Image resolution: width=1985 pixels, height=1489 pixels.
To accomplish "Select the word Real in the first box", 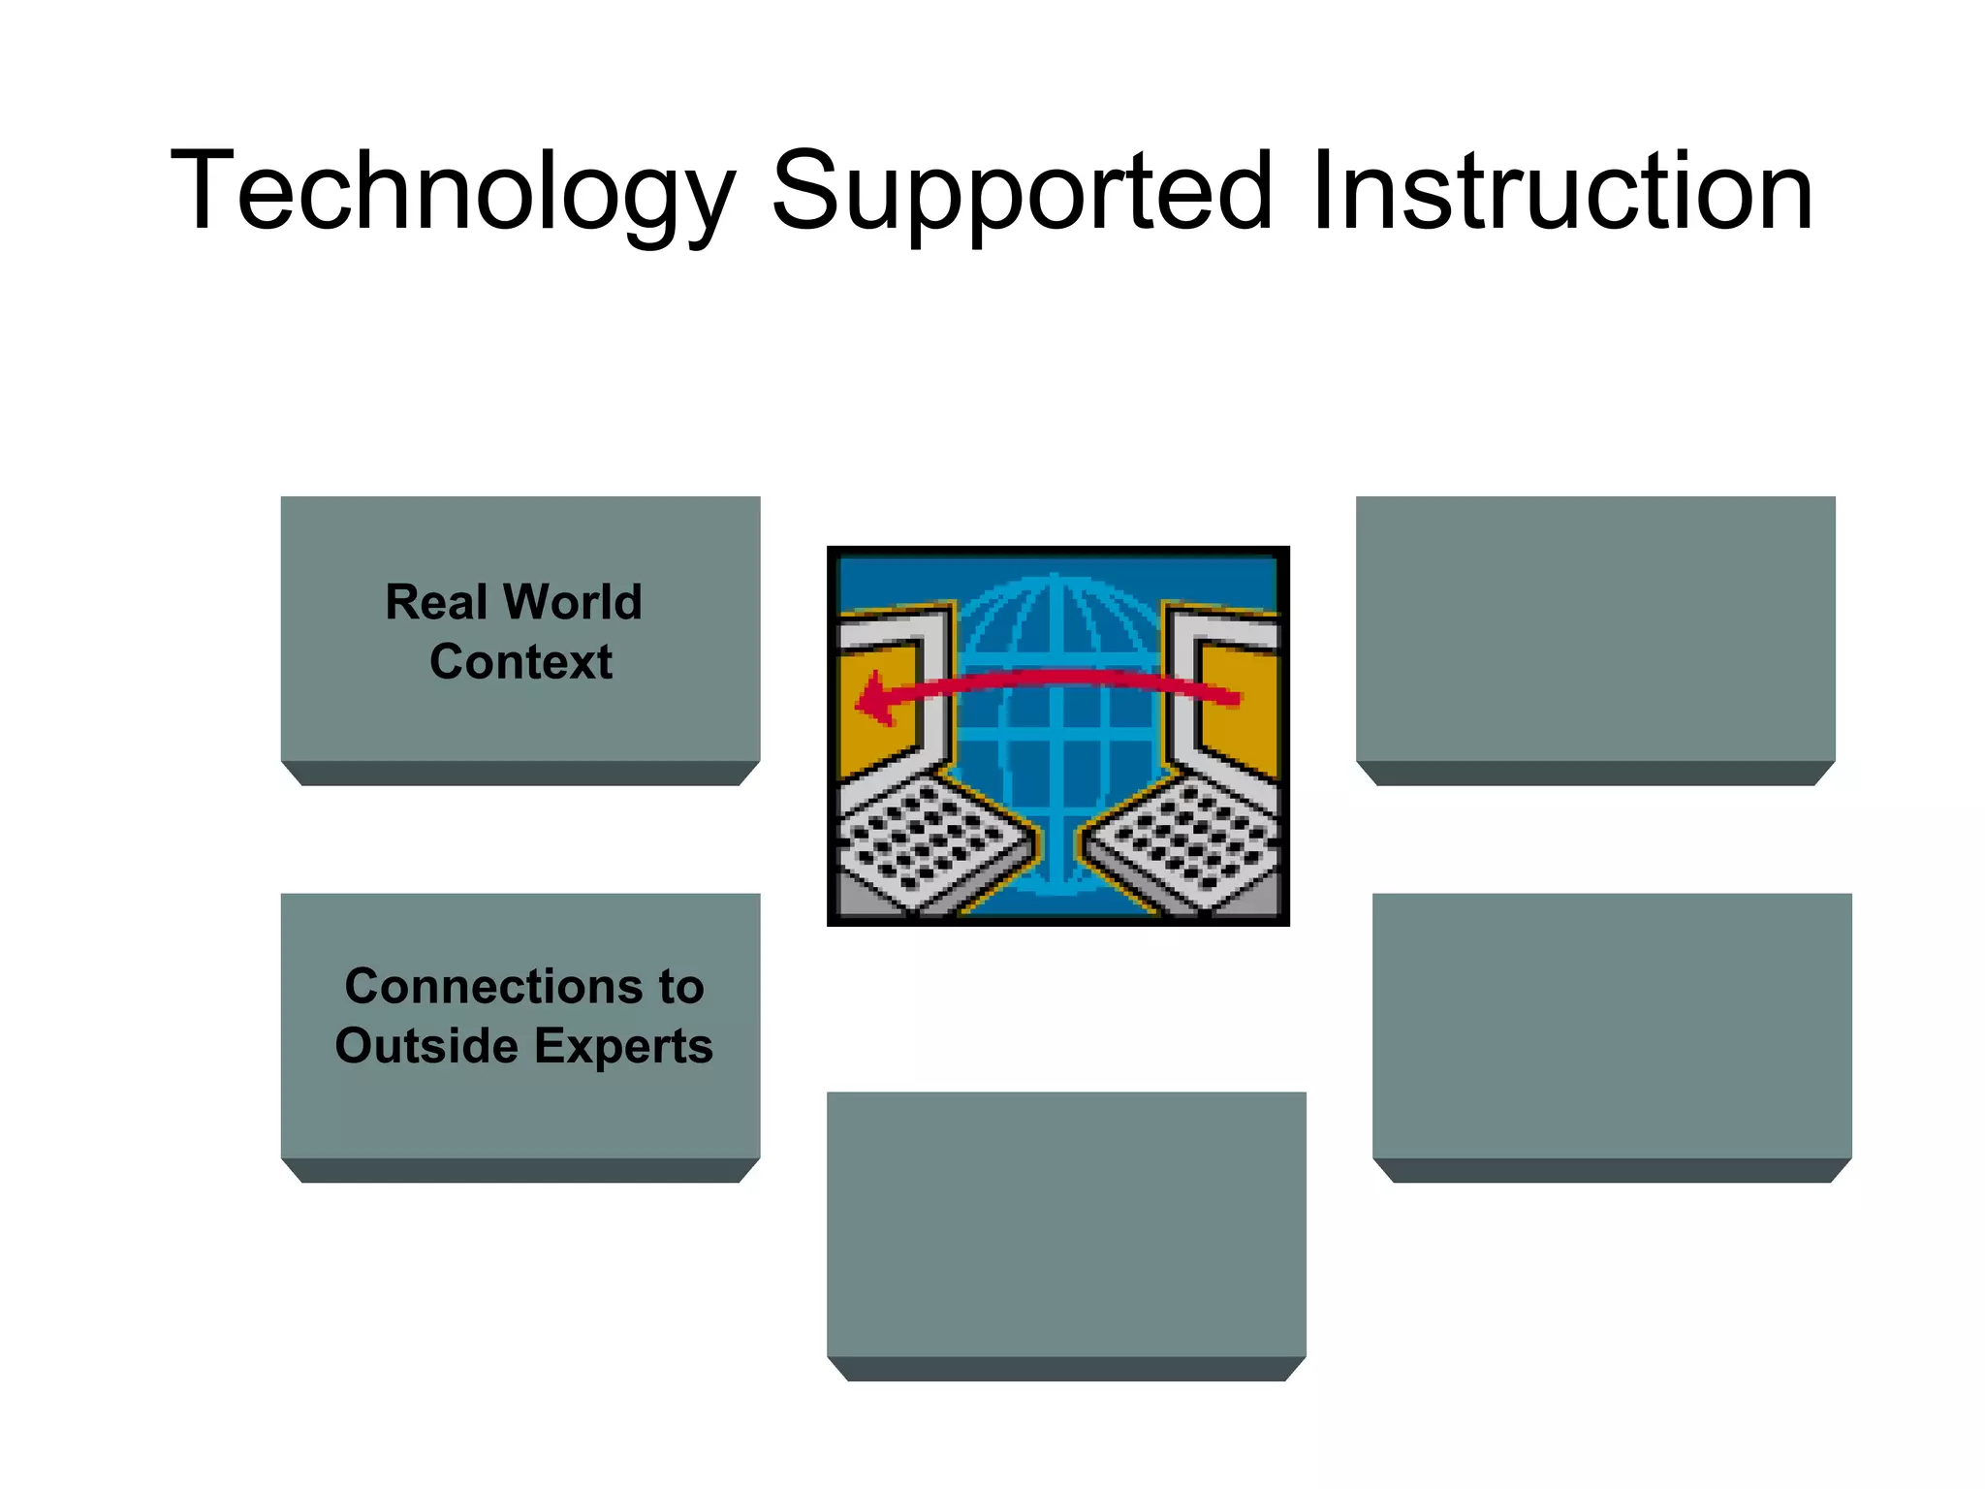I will pyautogui.click(x=436, y=602).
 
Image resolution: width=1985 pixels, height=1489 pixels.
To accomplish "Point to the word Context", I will pyautogui.click(x=520, y=662).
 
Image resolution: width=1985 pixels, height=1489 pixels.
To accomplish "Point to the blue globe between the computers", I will pyautogui.click(x=1056, y=737).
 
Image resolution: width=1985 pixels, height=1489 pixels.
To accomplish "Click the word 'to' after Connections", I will pyautogui.click(x=681, y=987).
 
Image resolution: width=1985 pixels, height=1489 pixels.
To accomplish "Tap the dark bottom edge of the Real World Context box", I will pyautogui.click(x=520, y=774).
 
